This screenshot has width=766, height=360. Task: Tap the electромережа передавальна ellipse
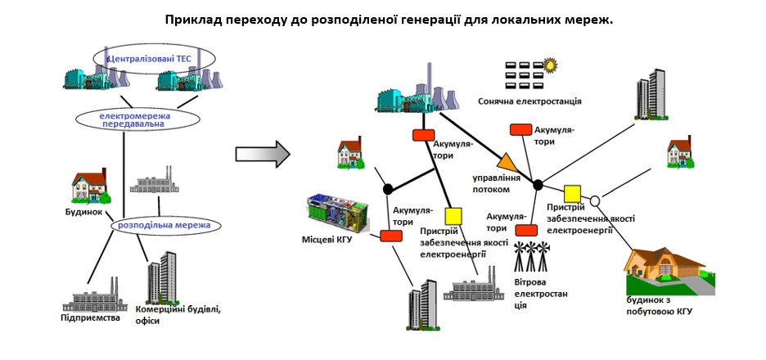137,119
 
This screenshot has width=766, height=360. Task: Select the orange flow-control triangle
507,162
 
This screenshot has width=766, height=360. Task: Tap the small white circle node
595,200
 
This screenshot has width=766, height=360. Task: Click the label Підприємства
91,317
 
